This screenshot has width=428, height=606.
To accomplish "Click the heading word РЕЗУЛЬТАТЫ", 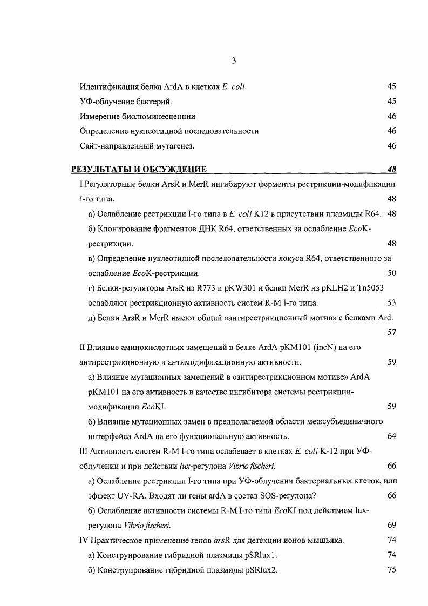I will (101, 169).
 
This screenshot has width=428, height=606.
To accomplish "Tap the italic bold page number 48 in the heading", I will (392, 169).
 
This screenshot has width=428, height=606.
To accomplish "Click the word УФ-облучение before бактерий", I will (106, 101).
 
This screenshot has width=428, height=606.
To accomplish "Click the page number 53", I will (392, 302).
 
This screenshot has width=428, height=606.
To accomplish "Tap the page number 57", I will (392, 332).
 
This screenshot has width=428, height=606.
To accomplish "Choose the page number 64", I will (392, 436).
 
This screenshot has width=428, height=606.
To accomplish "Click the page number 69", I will (392, 525).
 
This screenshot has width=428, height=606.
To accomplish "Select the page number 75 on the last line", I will (392, 570).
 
